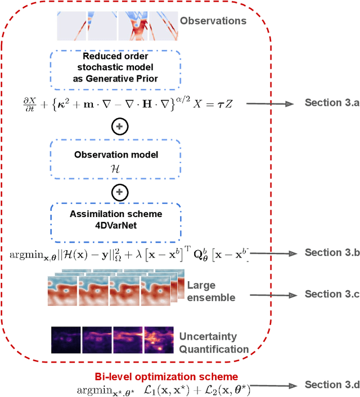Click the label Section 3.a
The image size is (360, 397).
point(332,102)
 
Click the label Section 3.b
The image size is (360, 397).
point(332,252)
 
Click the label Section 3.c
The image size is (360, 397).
point(332,294)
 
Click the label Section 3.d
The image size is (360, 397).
point(332,385)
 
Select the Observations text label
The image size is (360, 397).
point(213,21)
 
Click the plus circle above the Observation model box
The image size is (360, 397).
point(119,128)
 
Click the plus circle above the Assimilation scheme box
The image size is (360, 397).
point(119,193)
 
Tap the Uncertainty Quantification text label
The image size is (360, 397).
point(214,342)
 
